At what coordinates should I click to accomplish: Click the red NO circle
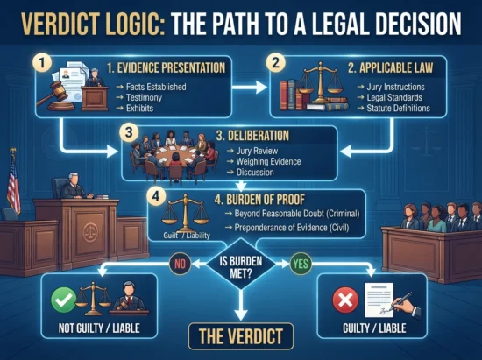click(181, 264)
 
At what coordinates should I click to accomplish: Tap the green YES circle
click(301, 264)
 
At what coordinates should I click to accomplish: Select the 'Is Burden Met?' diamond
click(241, 264)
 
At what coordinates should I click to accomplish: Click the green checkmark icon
click(64, 300)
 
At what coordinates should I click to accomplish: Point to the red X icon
click(345, 300)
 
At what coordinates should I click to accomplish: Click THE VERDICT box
click(241, 336)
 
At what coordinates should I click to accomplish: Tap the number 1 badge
click(42, 63)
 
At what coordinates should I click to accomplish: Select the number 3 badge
click(130, 133)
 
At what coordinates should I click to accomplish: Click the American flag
click(13, 183)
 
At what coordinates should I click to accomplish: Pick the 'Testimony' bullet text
click(144, 98)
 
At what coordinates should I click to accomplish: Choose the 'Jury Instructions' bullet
click(395, 87)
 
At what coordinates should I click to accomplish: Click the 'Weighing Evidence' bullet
click(268, 161)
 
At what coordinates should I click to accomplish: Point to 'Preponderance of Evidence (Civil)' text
click(292, 228)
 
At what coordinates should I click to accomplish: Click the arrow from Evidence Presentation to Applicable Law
click(249, 88)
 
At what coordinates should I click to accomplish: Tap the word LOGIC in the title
click(131, 24)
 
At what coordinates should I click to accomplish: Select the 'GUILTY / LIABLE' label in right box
click(374, 328)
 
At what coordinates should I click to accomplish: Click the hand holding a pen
click(406, 305)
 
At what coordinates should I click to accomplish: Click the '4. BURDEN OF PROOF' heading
click(259, 200)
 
